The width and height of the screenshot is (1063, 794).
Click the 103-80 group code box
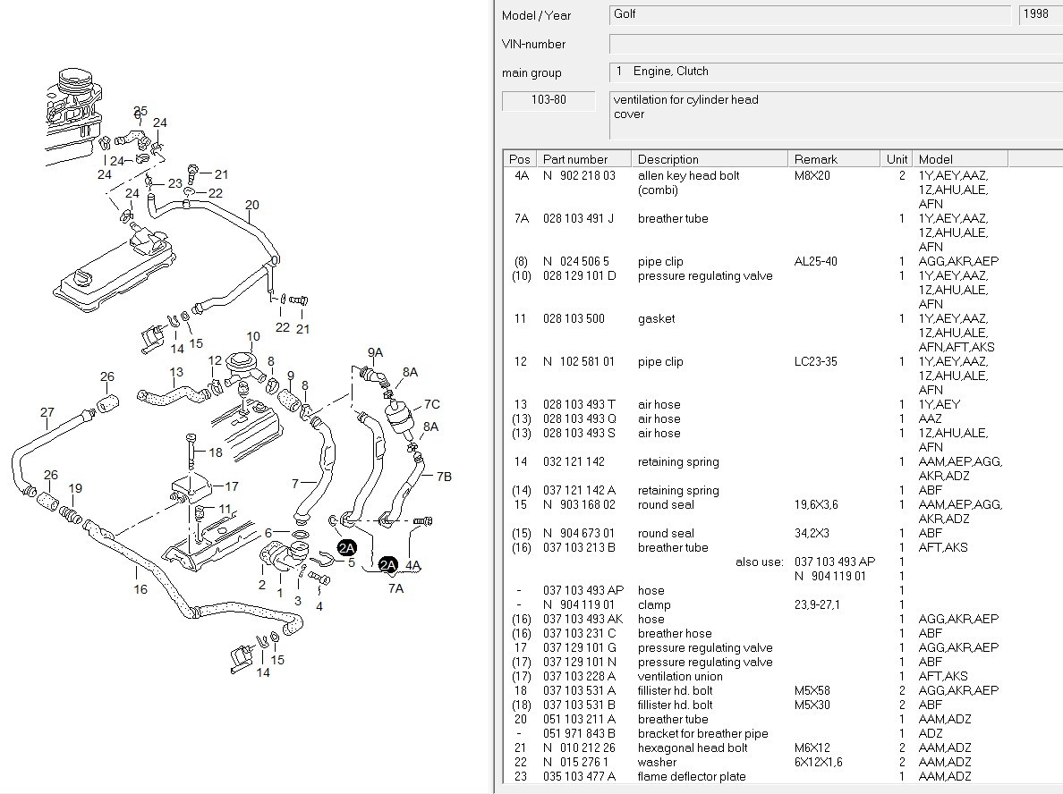pyautogui.click(x=549, y=100)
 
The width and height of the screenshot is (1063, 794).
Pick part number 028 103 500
pyautogui.click(x=574, y=318)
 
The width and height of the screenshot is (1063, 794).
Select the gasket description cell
pyautogui.click(x=656, y=318)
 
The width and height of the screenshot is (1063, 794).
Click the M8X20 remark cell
pyautogui.click(x=812, y=175)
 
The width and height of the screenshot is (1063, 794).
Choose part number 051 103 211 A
pyautogui.click(x=579, y=719)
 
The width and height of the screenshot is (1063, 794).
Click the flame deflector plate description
pyautogui.click(x=692, y=776)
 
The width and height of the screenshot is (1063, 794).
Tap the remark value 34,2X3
pyautogui.click(x=812, y=533)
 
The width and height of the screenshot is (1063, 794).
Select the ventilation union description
pyautogui.click(x=680, y=676)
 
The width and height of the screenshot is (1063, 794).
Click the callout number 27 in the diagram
pyautogui.click(x=47, y=412)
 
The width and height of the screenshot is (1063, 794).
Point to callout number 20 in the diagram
pyautogui.click(x=252, y=205)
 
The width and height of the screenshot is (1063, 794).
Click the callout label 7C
pyautogui.click(x=432, y=404)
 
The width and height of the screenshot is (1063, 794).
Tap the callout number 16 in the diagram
pyautogui.click(x=140, y=589)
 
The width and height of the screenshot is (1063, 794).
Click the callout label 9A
pyautogui.click(x=375, y=352)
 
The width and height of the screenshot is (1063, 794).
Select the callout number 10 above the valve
pyautogui.click(x=253, y=337)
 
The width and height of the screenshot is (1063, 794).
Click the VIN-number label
pyautogui.click(x=533, y=44)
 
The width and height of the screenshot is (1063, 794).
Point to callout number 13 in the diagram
pyautogui.click(x=176, y=372)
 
